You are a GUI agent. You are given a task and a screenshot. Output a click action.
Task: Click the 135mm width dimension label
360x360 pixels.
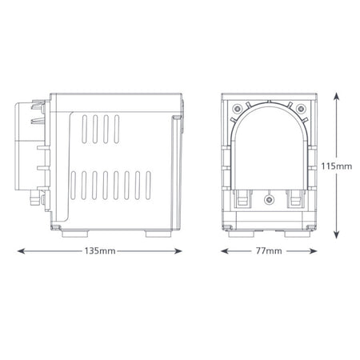click(x=101, y=251)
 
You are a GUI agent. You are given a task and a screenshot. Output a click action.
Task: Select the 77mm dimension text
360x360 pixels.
click(x=268, y=251)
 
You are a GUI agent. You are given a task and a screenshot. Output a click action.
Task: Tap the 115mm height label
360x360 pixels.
click(x=340, y=166)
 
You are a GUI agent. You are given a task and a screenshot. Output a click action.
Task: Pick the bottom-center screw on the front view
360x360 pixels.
click(x=268, y=197)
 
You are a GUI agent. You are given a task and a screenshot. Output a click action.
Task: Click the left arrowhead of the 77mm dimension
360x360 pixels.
click(x=225, y=251)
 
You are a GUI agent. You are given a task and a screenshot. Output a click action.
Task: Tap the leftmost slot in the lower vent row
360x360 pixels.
click(x=74, y=186)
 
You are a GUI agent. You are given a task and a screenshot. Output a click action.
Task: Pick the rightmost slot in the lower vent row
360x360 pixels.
click(x=146, y=186)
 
